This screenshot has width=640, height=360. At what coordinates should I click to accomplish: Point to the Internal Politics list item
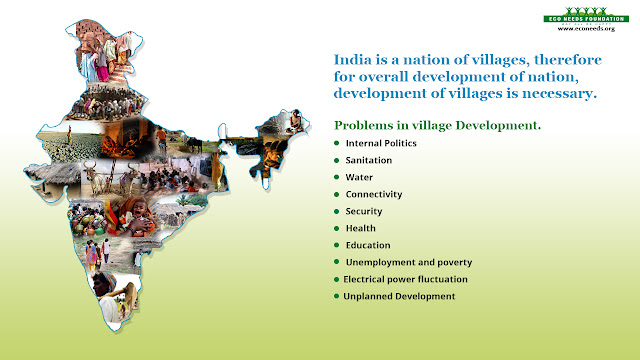pos(382,143)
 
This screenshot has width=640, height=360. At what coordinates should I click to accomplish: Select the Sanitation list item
pos(368,160)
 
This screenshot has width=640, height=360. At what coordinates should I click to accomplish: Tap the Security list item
pos(364,211)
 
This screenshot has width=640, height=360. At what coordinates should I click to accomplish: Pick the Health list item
pos(360,228)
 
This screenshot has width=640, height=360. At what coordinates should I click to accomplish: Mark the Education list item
pos(367,245)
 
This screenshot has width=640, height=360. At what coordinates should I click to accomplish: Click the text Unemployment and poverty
pos(408,262)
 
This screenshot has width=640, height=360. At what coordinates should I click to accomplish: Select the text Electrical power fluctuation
pos(405,279)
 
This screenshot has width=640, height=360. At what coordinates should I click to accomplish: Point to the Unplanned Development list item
pos(399,296)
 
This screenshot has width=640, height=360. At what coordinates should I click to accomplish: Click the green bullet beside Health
pos(337,228)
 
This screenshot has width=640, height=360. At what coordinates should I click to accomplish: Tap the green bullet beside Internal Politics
pos(337,143)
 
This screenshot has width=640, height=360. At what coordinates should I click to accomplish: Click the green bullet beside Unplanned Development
pos(337,296)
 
